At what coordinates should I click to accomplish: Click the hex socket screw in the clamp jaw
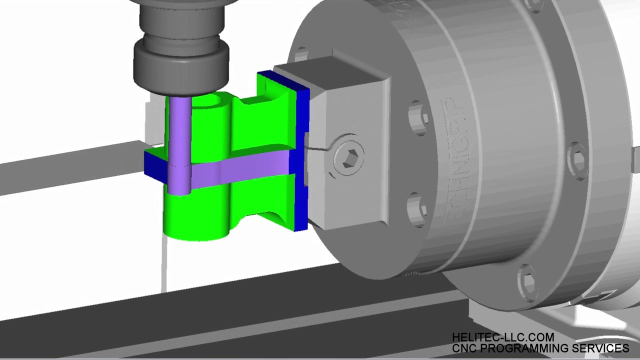(348, 153)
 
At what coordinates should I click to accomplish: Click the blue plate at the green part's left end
(154, 165)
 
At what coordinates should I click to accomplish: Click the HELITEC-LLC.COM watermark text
(502, 338)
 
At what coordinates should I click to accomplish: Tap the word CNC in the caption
(464, 348)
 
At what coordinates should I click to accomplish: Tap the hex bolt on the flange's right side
(577, 159)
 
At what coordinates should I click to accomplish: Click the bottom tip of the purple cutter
(179, 190)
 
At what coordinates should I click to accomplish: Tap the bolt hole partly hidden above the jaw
(301, 53)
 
